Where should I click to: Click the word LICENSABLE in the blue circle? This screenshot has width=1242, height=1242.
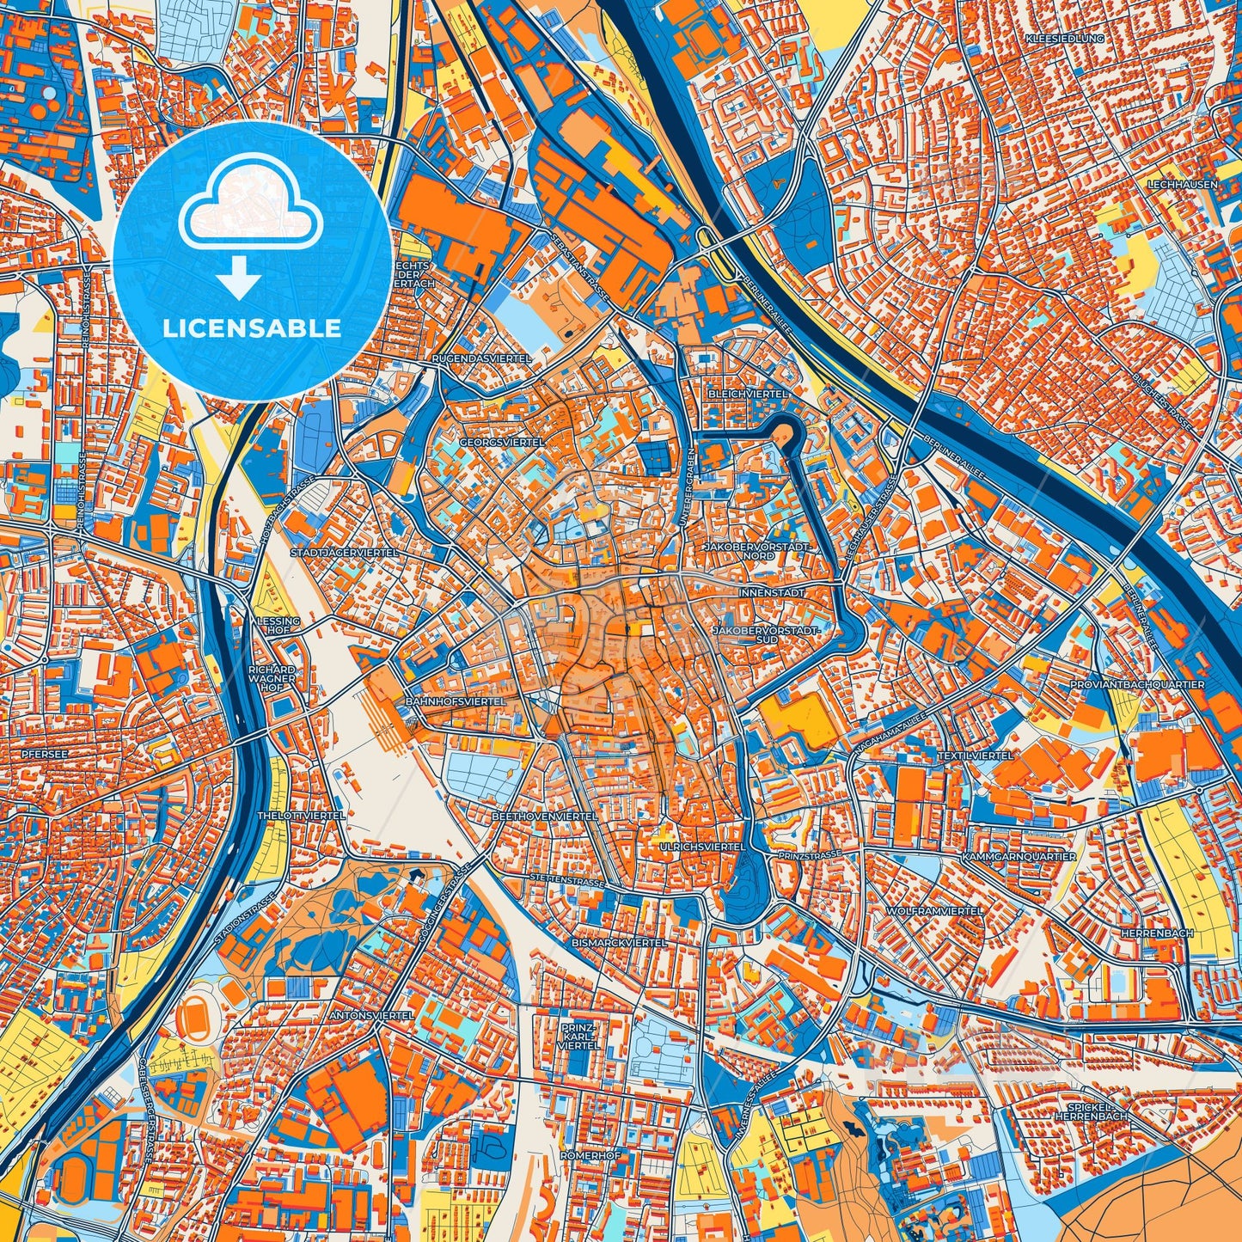pos(252,327)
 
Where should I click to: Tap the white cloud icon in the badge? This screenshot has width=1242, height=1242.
pos(250,205)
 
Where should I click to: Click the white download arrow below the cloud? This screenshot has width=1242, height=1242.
pos(239,277)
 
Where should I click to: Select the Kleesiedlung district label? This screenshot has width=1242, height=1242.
pos(1064,40)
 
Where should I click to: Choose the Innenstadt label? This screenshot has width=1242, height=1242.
pos(771,593)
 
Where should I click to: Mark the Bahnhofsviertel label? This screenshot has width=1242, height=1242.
pos(456,701)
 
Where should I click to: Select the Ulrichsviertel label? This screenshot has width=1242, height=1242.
pos(702,847)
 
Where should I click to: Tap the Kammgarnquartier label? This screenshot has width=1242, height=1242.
pos(1019,857)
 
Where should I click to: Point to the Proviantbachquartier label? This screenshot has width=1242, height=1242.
pos(1137,684)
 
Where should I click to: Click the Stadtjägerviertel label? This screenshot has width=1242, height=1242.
pos(345,553)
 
